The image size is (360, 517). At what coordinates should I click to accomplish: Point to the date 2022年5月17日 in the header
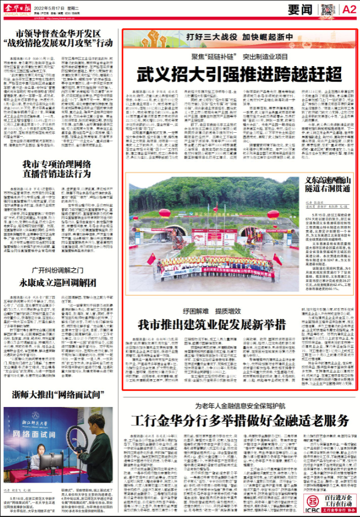57,7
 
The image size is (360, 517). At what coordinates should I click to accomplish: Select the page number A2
349,9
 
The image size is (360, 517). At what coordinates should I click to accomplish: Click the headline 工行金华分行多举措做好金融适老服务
239,420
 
